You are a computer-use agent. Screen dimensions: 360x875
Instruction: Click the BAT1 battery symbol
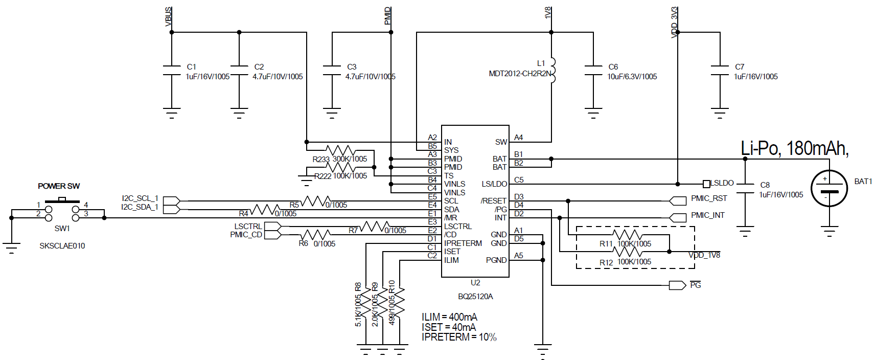pyautogui.click(x=829, y=188)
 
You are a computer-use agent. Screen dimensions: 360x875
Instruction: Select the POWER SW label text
pyautogui.click(x=59, y=186)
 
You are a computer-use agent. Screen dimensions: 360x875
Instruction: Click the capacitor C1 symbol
pyautogui.click(x=172, y=71)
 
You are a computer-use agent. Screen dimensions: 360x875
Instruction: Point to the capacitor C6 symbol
pyautogui.click(x=593, y=71)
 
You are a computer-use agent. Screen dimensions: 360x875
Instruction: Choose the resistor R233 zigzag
pyautogui.click(x=340, y=150)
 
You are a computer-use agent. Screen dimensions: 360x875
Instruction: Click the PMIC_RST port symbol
pyautogui.click(x=678, y=201)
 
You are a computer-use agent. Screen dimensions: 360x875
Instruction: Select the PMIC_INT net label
pyautogui.click(x=707, y=215)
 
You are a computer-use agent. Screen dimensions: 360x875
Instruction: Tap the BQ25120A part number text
pyautogui.click(x=475, y=297)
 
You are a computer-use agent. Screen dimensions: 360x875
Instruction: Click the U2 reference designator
pyautogui.click(x=475, y=283)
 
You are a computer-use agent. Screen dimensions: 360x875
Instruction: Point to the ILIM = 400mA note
pyautogui.click(x=449, y=317)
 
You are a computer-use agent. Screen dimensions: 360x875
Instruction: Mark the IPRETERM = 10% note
pyautogui.click(x=459, y=337)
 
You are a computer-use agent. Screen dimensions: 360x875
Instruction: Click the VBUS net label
pyautogui.click(x=168, y=16)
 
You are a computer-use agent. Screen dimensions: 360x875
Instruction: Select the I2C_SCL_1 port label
pyautogui.click(x=140, y=198)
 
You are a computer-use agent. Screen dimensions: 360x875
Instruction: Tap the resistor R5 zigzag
pyautogui.click(x=317, y=201)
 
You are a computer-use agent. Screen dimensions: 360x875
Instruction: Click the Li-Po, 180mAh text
pyautogui.click(x=794, y=148)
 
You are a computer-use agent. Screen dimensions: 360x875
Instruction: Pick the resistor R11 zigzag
pyautogui.click(x=627, y=235)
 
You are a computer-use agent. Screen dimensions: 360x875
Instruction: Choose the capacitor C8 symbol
pyautogui.click(x=745, y=188)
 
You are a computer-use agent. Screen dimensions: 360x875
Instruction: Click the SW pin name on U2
pyautogui.click(x=501, y=142)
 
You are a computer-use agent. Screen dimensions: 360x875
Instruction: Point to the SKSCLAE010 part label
pyautogui.click(x=62, y=246)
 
